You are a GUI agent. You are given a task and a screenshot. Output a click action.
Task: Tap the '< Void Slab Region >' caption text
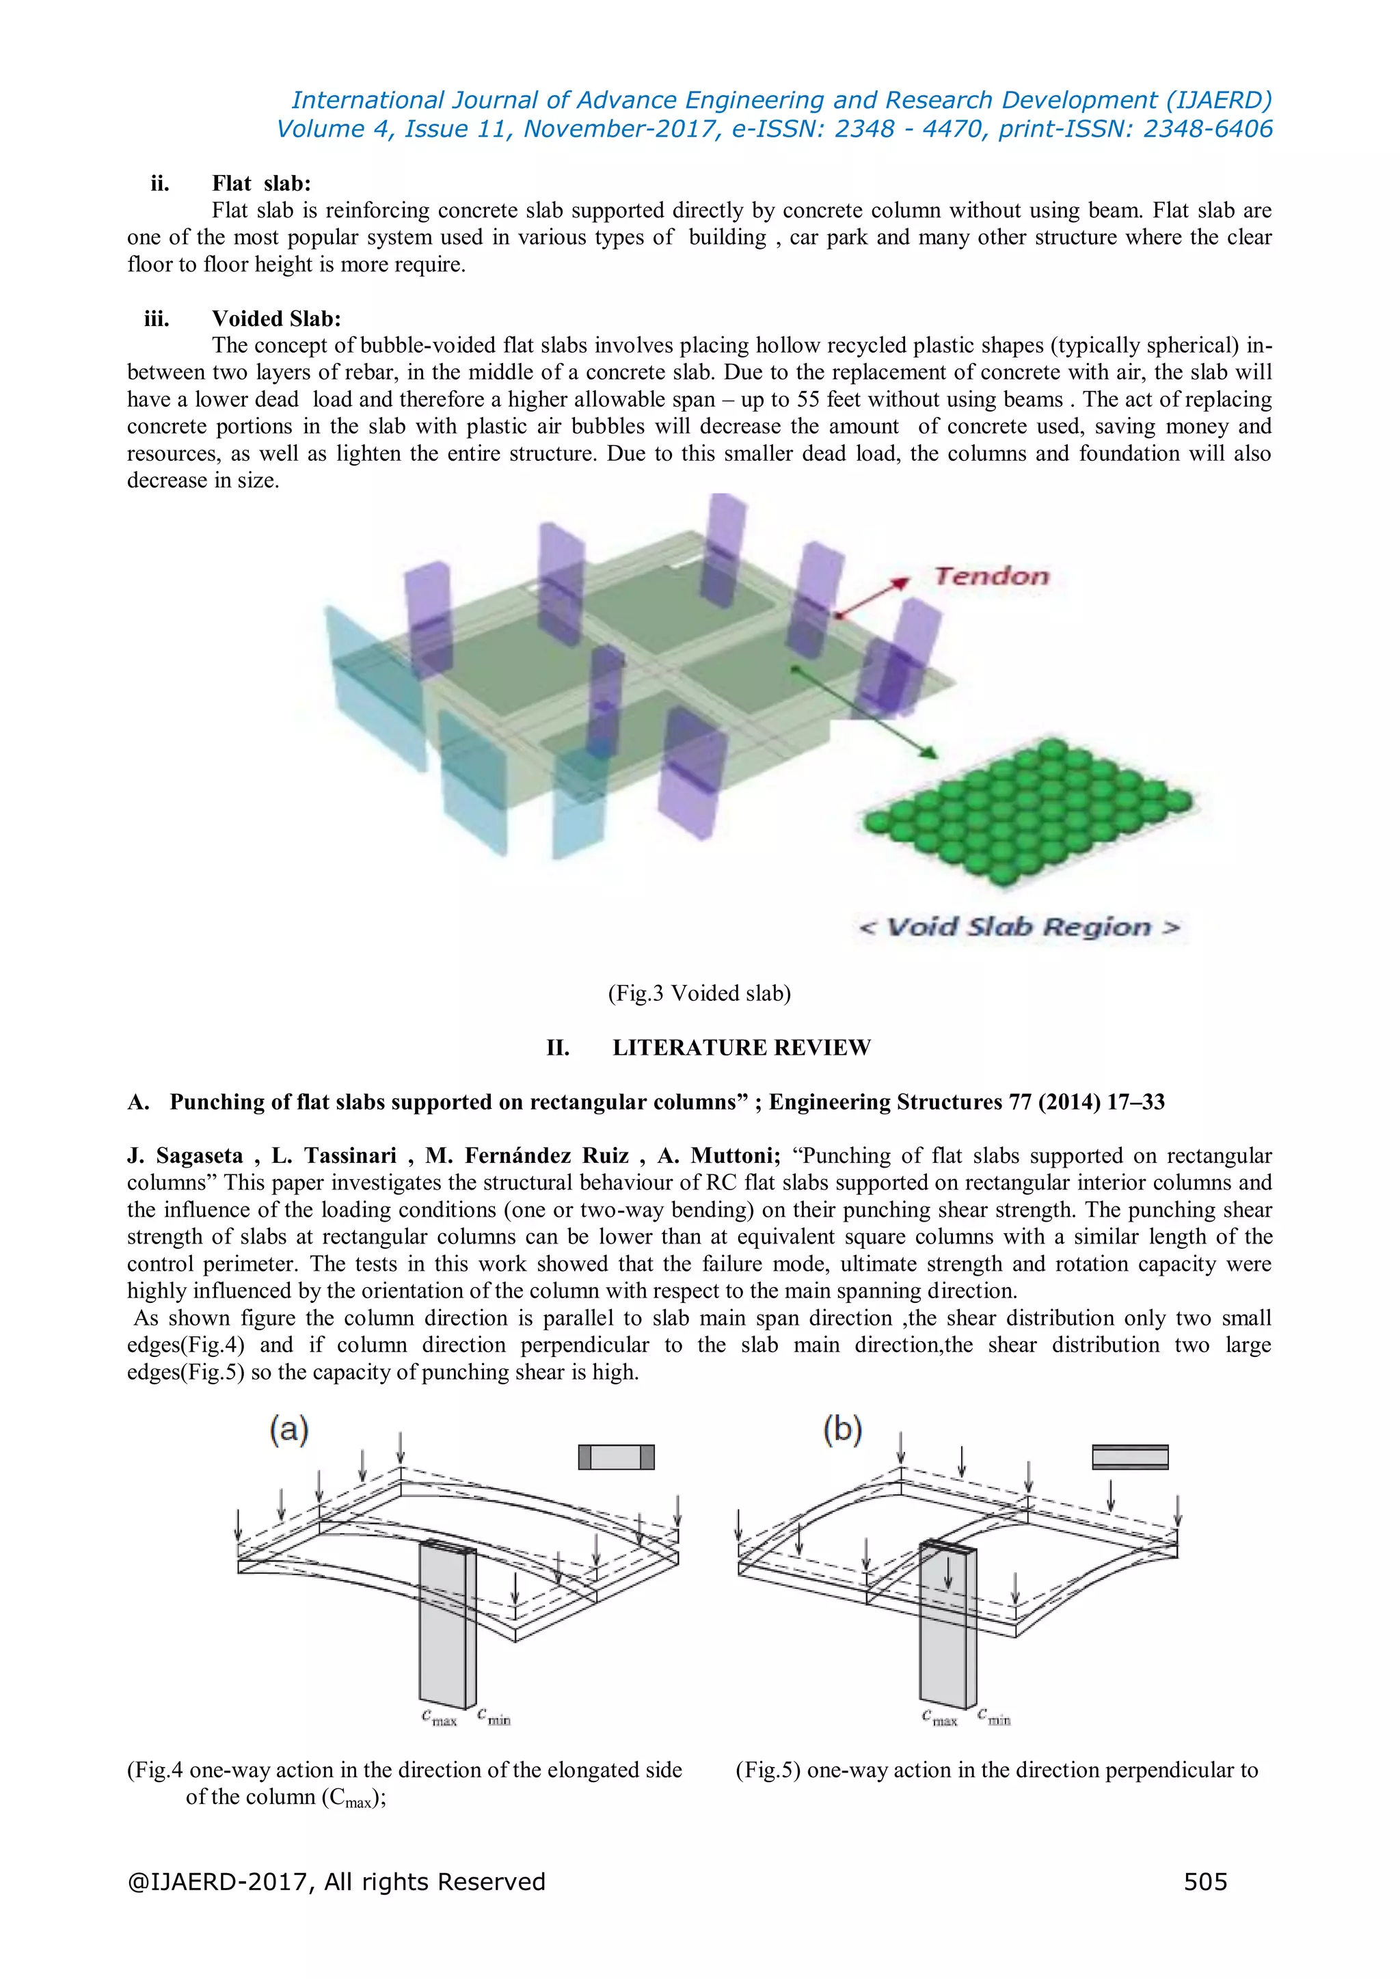1019,928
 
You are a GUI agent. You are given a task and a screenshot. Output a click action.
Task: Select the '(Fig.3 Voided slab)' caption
699,993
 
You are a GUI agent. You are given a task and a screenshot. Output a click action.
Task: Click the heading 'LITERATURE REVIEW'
742,1047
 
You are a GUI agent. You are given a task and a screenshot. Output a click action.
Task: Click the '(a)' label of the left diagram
288,1429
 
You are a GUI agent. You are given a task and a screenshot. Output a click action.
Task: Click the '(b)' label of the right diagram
842,1429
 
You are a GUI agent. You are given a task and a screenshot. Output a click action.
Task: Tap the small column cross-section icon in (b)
1129,1457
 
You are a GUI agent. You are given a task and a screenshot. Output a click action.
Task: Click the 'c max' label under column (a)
439,1718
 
